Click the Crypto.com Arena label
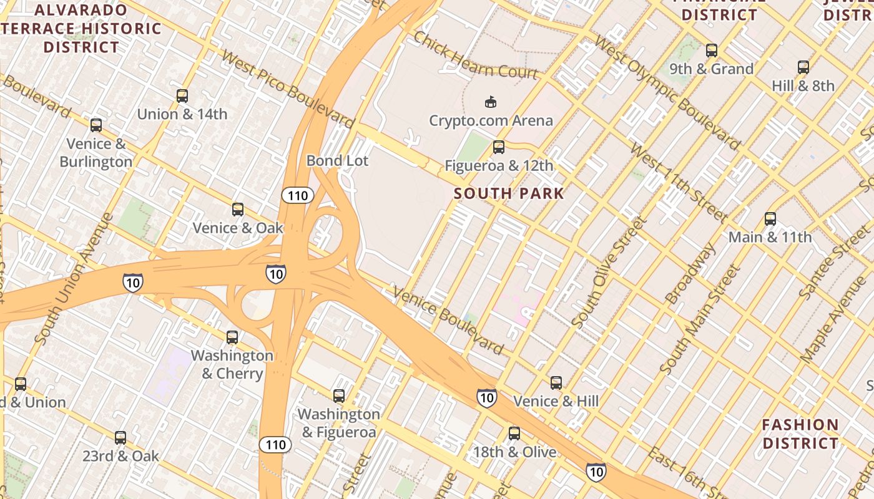point(491,120)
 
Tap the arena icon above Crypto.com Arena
point(491,102)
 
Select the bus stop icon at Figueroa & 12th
point(498,148)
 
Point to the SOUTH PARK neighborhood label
point(509,193)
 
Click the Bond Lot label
point(337,161)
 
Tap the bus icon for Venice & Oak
point(237,210)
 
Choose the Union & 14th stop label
point(182,114)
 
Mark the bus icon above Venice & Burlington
point(96,125)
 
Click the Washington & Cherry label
point(232,364)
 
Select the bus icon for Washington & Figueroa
point(338,396)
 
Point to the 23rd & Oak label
point(120,456)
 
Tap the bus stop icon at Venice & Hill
point(556,383)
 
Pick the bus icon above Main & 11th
point(770,219)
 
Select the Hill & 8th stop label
point(803,85)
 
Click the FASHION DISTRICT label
point(800,434)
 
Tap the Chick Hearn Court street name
point(475,56)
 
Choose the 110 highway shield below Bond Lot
point(297,196)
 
